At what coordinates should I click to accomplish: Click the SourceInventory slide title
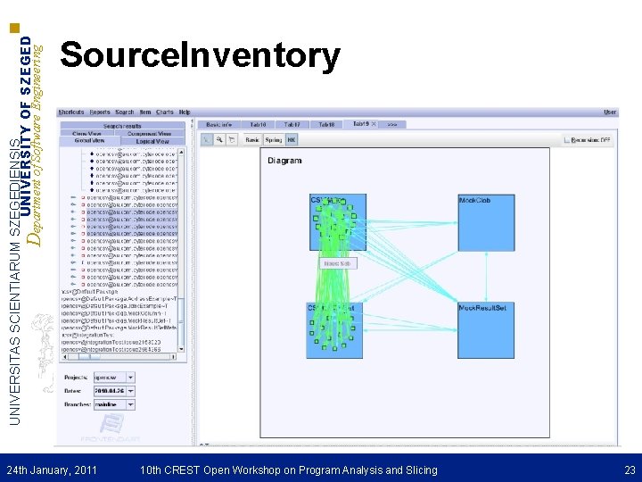point(200,55)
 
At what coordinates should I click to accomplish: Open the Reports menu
point(100,112)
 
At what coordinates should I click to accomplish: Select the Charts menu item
point(164,112)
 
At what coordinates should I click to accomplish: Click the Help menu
point(185,112)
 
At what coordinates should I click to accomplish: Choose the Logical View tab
point(152,141)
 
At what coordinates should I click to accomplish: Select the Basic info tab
point(218,124)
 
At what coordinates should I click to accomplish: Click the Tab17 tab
point(292,124)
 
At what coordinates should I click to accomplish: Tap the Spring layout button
point(273,140)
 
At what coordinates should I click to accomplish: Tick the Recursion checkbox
point(568,140)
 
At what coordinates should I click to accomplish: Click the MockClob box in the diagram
point(486,222)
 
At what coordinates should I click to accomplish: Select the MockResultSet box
point(486,329)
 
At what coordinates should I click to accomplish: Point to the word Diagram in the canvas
point(284,161)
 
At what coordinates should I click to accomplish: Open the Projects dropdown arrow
point(130,378)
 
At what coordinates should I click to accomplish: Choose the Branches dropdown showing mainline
point(113,404)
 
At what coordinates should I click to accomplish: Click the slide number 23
point(630,470)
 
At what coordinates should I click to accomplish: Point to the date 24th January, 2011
point(52,470)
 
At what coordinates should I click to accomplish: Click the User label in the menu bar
point(610,112)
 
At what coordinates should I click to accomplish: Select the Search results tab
point(122,126)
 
